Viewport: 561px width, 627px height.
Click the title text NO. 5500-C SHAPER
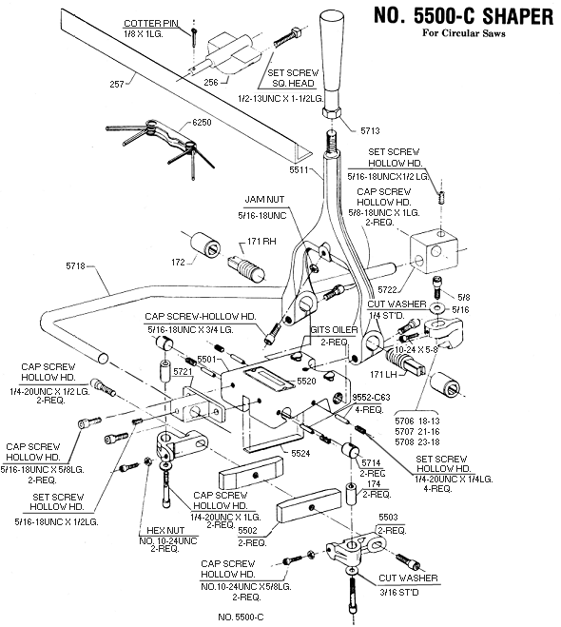click(463, 17)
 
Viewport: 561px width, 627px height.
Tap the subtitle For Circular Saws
click(463, 32)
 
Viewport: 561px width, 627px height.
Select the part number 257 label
click(117, 84)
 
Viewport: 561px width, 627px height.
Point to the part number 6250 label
click(202, 122)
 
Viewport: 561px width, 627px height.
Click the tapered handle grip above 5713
click(332, 63)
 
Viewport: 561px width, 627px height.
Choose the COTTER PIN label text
click(151, 23)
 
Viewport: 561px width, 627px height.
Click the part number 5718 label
click(75, 265)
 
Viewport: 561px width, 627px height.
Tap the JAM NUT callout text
click(264, 199)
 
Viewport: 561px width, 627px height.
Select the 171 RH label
click(261, 241)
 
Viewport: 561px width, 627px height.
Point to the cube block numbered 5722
click(434, 253)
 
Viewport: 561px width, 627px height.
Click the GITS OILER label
click(334, 330)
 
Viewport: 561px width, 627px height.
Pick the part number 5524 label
click(300, 453)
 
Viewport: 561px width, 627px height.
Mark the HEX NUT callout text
click(165, 530)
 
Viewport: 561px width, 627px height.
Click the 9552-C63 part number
click(371, 398)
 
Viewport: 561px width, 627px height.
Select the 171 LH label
click(383, 375)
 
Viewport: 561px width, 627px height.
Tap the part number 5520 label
click(306, 382)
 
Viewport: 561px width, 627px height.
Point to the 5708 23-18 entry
click(417, 441)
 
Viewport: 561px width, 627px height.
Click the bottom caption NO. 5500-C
click(241, 617)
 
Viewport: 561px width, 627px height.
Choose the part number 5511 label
click(300, 170)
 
